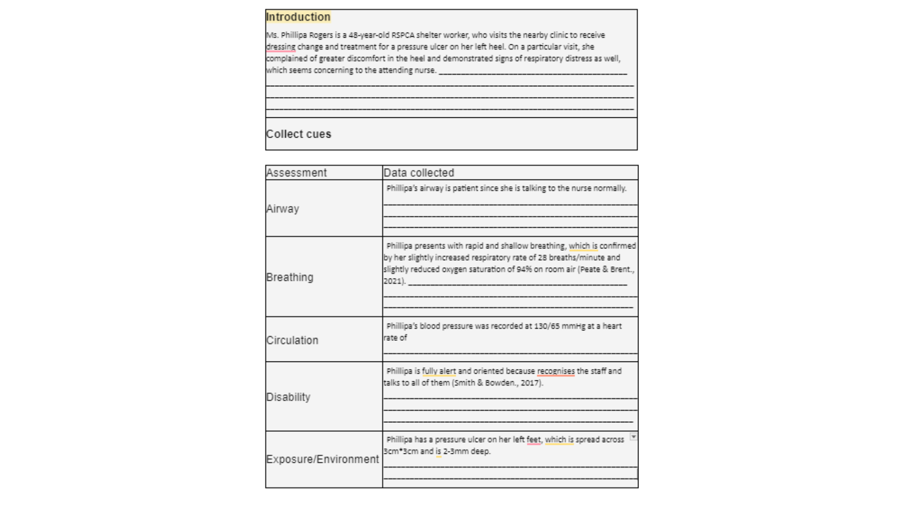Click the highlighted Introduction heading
click(x=298, y=17)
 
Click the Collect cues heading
click(x=299, y=134)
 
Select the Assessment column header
click(x=296, y=173)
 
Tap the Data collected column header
click(x=419, y=173)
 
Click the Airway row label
click(x=282, y=209)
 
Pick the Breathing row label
click(x=290, y=277)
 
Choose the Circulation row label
click(x=292, y=340)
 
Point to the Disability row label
click(x=288, y=397)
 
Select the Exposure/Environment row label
click(x=323, y=459)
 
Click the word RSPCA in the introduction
click(x=403, y=35)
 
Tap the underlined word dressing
click(x=281, y=47)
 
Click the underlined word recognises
click(x=556, y=371)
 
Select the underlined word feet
click(x=533, y=440)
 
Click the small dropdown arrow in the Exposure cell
click(x=633, y=437)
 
